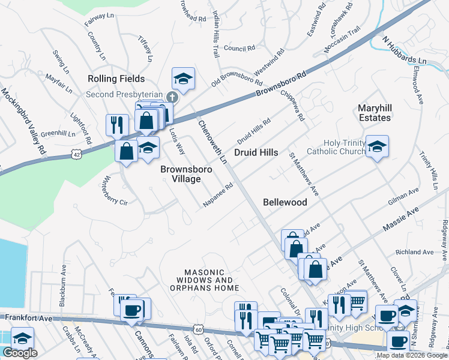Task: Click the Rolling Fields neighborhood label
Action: [x=116, y=79]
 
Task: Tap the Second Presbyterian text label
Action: [x=124, y=95]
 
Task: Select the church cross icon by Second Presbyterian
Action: [x=173, y=97]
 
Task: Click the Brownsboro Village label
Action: [x=186, y=174]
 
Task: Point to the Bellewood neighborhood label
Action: [x=285, y=202]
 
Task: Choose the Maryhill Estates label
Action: [x=374, y=113]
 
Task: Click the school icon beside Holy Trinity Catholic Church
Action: [x=377, y=146]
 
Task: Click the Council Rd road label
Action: [x=236, y=48]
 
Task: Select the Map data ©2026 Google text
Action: [x=412, y=355]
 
